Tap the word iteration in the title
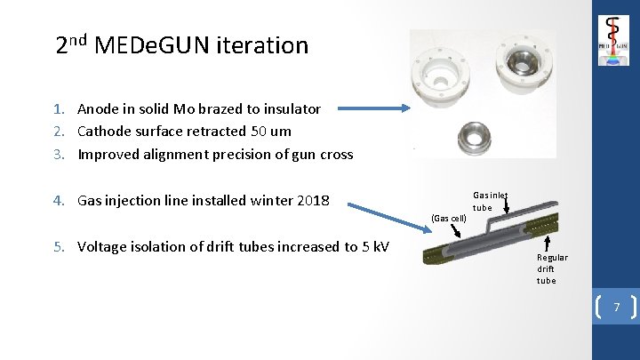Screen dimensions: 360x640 265,45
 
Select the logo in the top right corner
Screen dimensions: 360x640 613,41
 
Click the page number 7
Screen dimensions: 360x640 614,306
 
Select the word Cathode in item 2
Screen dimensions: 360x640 105,132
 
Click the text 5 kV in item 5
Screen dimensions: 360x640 375,247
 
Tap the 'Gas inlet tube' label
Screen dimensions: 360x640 489,201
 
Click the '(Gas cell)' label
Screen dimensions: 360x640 448,218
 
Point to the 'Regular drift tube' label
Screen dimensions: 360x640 551,268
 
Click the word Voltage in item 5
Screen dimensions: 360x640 104,247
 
